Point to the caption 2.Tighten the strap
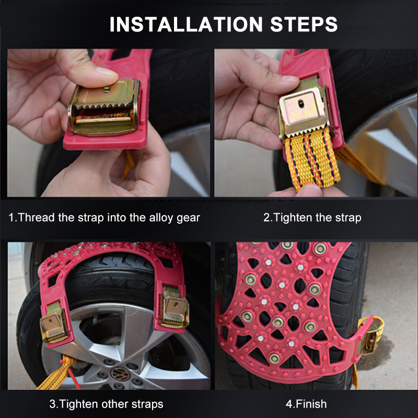(312, 217)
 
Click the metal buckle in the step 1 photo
(104, 107)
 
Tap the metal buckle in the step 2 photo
(304, 110)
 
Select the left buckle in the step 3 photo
(54, 324)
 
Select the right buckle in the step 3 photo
(173, 308)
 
